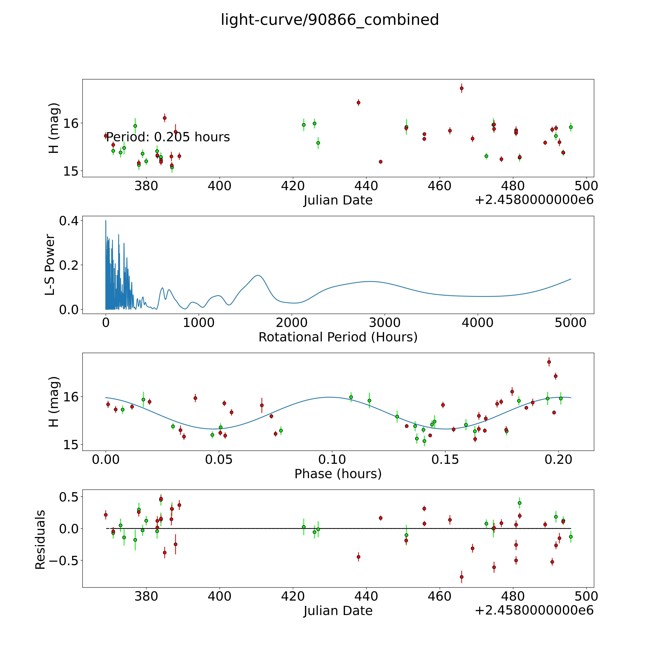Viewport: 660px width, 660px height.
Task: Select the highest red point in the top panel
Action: [x=462, y=88]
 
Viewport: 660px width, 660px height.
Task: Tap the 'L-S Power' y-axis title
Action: [x=50, y=265]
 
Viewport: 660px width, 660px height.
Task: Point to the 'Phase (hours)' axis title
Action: [x=338, y=474]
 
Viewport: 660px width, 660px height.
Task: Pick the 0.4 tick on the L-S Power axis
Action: [x=69, y=221]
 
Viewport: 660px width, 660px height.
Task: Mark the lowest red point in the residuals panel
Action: [x=462, y=577]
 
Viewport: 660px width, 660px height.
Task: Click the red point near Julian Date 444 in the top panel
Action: [x=381, y=162]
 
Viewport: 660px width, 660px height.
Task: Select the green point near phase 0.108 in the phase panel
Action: [x=351, y=397]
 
